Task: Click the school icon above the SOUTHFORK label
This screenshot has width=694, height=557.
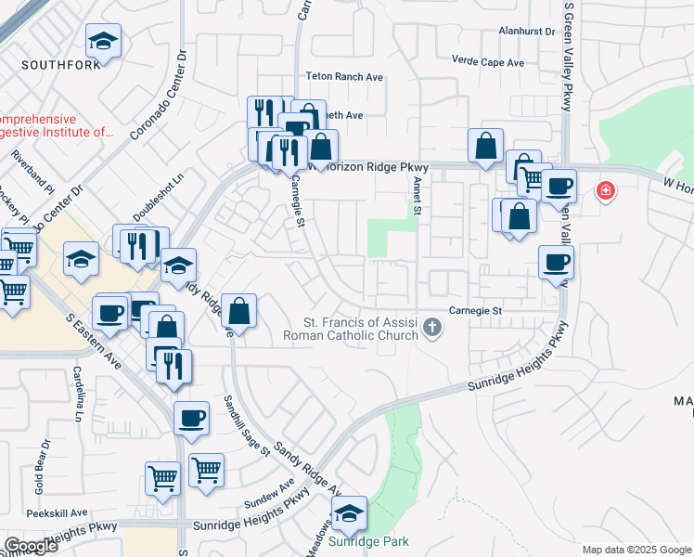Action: (x=104, y=41)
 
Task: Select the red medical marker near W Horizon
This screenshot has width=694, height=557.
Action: (x=605, y=191)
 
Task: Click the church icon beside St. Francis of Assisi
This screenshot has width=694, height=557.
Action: (x=431, y=327)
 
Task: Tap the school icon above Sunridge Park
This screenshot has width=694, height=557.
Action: (x=348, y=512)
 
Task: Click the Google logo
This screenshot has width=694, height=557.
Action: (x=31, y=545)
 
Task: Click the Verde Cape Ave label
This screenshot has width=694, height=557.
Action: (x=487, y=62)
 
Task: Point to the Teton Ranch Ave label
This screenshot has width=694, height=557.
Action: (x=345, y=77)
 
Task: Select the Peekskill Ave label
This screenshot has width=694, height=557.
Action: (x=58, y=512)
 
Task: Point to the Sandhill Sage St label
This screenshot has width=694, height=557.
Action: (x=246, y=425)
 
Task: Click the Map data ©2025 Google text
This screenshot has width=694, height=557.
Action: (x=636, y=550)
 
